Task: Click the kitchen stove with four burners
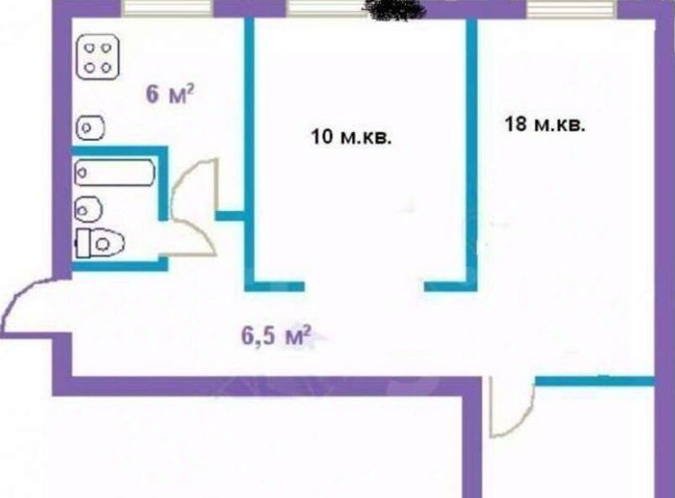coord(98,58)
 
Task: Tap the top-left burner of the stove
coord(90,48)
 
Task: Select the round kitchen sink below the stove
coord(91,128)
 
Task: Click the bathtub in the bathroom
coord(114,172)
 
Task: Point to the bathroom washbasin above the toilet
coord(88,209)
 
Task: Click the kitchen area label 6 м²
coord(170,94)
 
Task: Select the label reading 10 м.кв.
coord(351,137)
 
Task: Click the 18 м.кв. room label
coord(545,124)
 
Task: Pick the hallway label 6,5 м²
coord(277,335)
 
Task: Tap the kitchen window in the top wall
coord(167,8)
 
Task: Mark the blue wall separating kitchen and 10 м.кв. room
coord(250,151)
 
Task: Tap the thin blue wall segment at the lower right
coord(594,381)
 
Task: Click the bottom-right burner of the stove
coord(106,67)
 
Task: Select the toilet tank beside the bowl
coord(83,244)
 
